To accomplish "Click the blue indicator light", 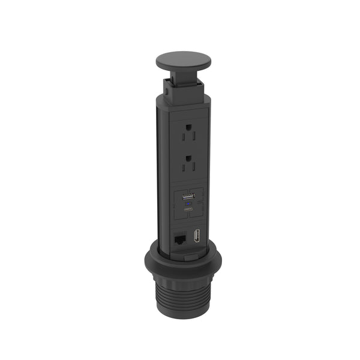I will pos(187,205).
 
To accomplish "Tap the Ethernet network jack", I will pos(179,238).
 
